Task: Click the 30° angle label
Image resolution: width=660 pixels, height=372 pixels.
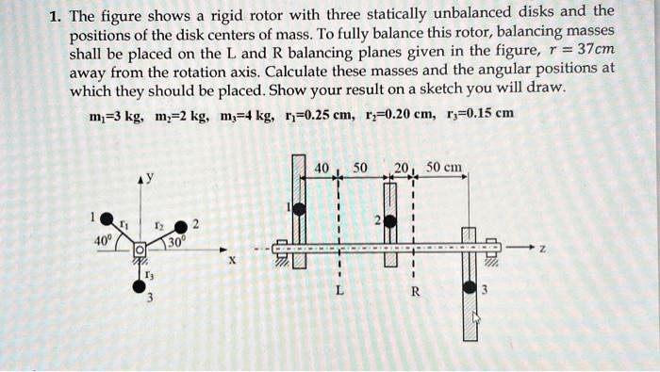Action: pos(175,241)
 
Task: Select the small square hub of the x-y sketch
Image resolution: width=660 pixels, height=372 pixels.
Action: pos(139,250)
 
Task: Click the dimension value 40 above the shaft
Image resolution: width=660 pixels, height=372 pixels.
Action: pos(322,168)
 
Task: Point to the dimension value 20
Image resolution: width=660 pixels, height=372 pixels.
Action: pos(401,168)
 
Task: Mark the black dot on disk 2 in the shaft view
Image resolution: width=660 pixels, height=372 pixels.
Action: pos(388,224)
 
